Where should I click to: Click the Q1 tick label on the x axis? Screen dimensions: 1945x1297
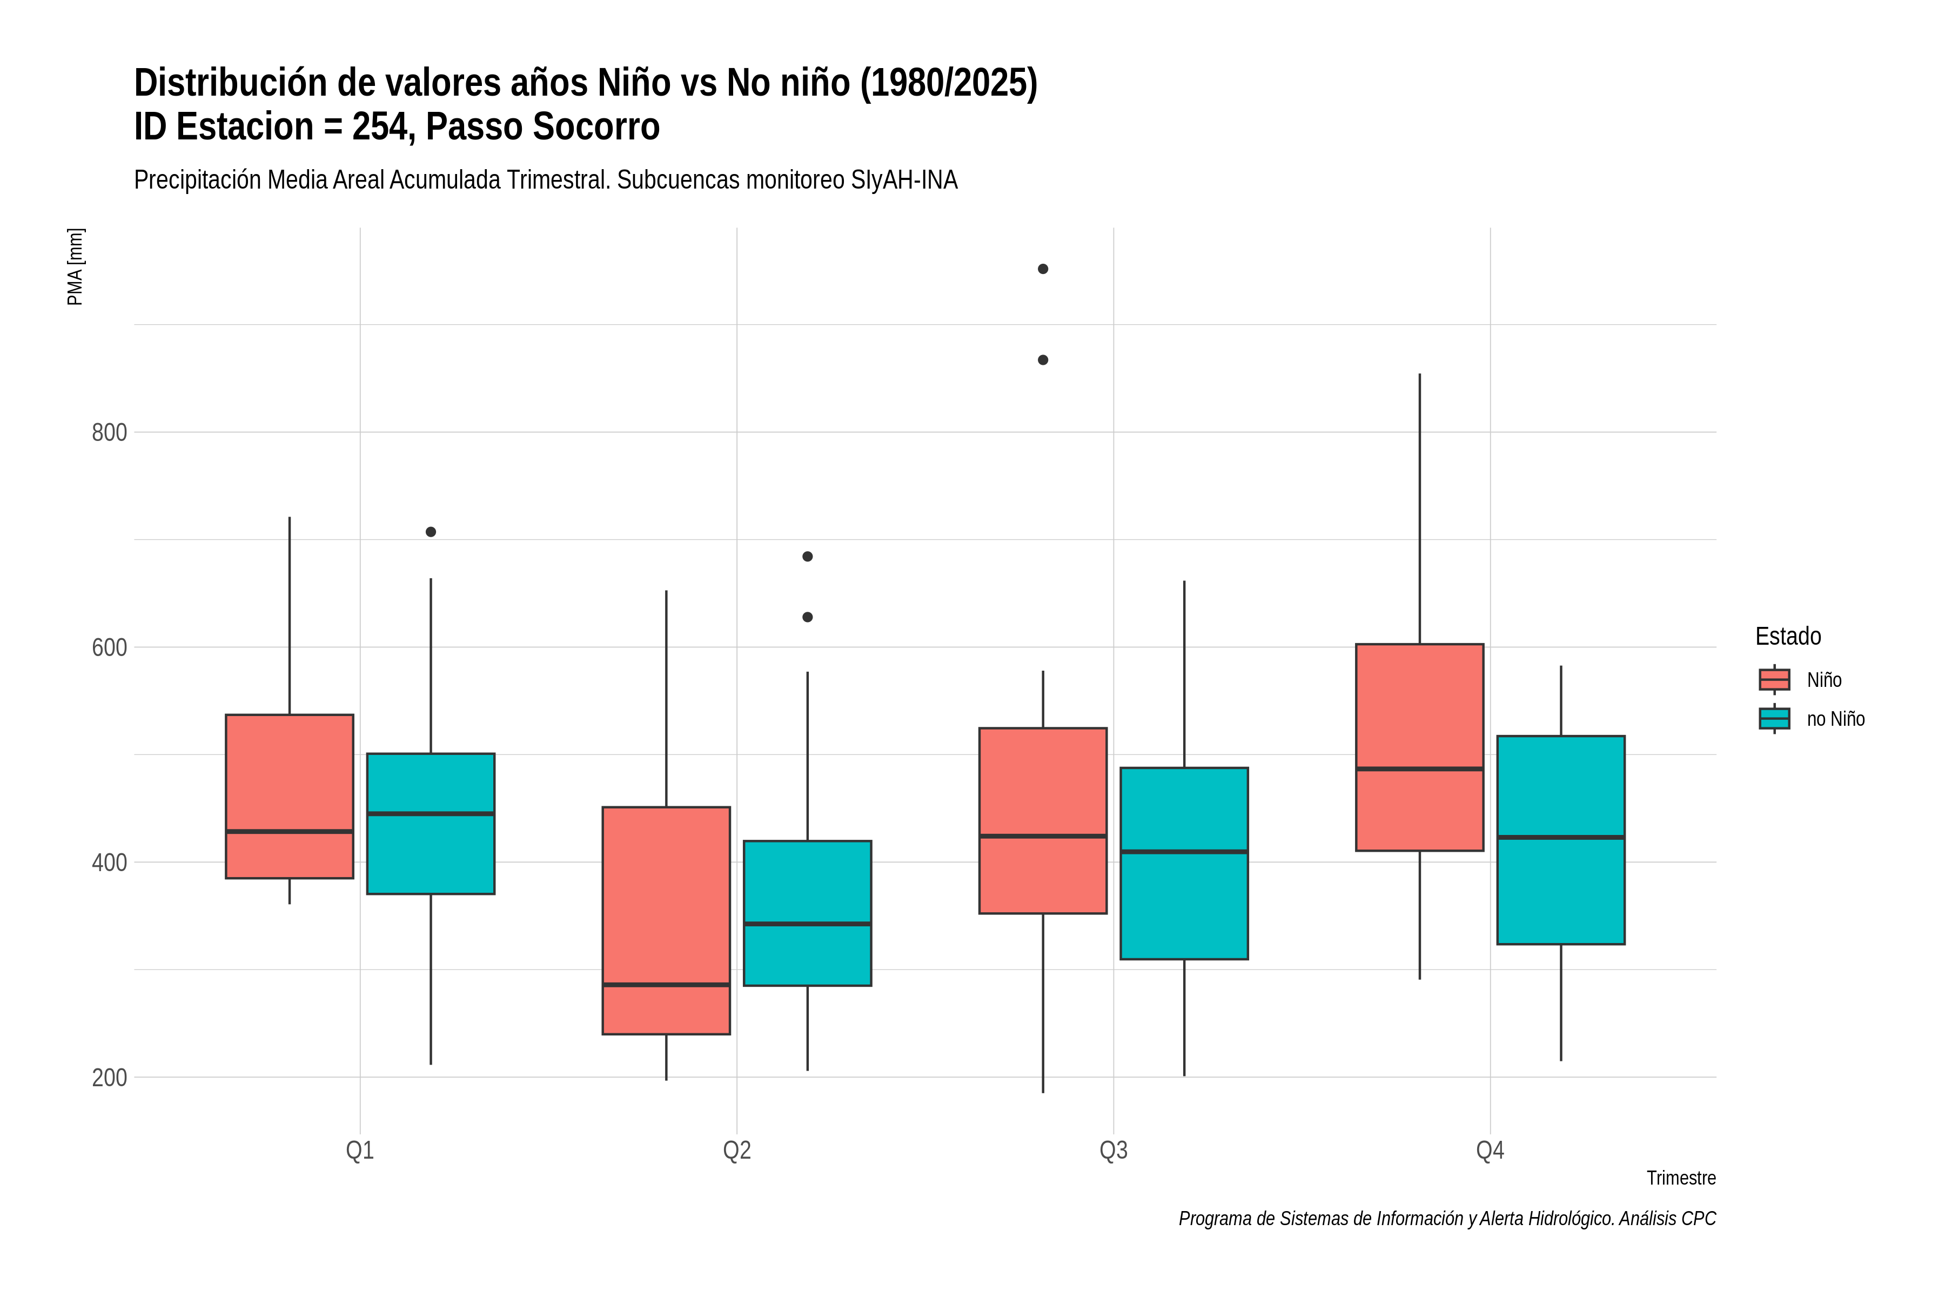[360, 1151]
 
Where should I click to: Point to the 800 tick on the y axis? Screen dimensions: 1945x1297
[109, 433]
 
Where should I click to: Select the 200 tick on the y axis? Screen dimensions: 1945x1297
[109, 1078]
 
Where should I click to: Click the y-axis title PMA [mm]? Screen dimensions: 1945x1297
[75, 267]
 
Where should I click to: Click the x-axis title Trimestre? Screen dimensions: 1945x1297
[1681, 1178]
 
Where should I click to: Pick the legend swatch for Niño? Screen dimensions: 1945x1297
[1775, 680]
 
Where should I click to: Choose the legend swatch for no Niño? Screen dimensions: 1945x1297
[1775, 719]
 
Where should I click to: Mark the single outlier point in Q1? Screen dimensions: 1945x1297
[431, 532]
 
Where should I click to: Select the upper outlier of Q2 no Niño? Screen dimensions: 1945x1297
[808, 557]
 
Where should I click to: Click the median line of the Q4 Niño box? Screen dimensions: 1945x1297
[1420, 769]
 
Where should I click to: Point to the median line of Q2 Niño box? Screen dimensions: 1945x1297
[667, 985]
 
